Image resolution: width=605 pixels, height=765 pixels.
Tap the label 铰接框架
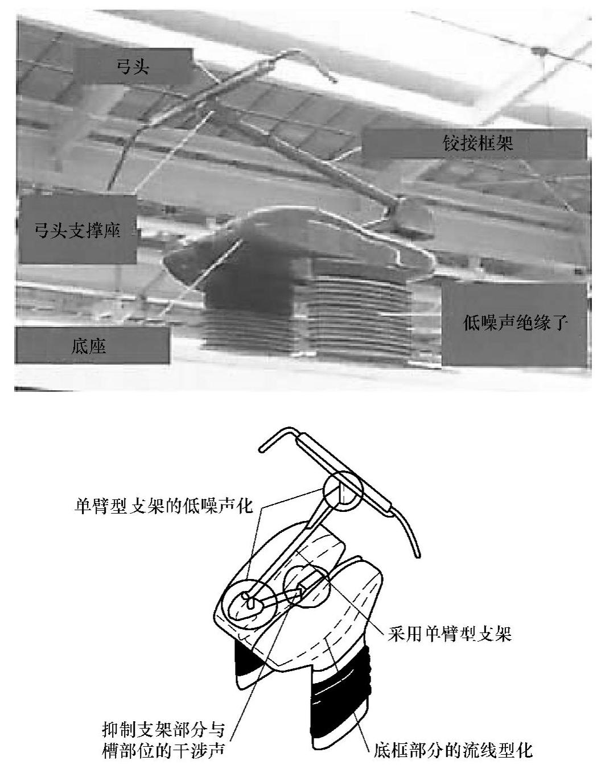tap(478, 142)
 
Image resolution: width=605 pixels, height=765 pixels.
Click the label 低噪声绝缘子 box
tap(515, 323)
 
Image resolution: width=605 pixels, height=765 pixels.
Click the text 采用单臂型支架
tap(450, 634)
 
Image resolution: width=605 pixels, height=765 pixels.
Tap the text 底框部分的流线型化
tap(453, 750)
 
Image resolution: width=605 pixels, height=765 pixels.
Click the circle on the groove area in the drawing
tap(307, 588)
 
